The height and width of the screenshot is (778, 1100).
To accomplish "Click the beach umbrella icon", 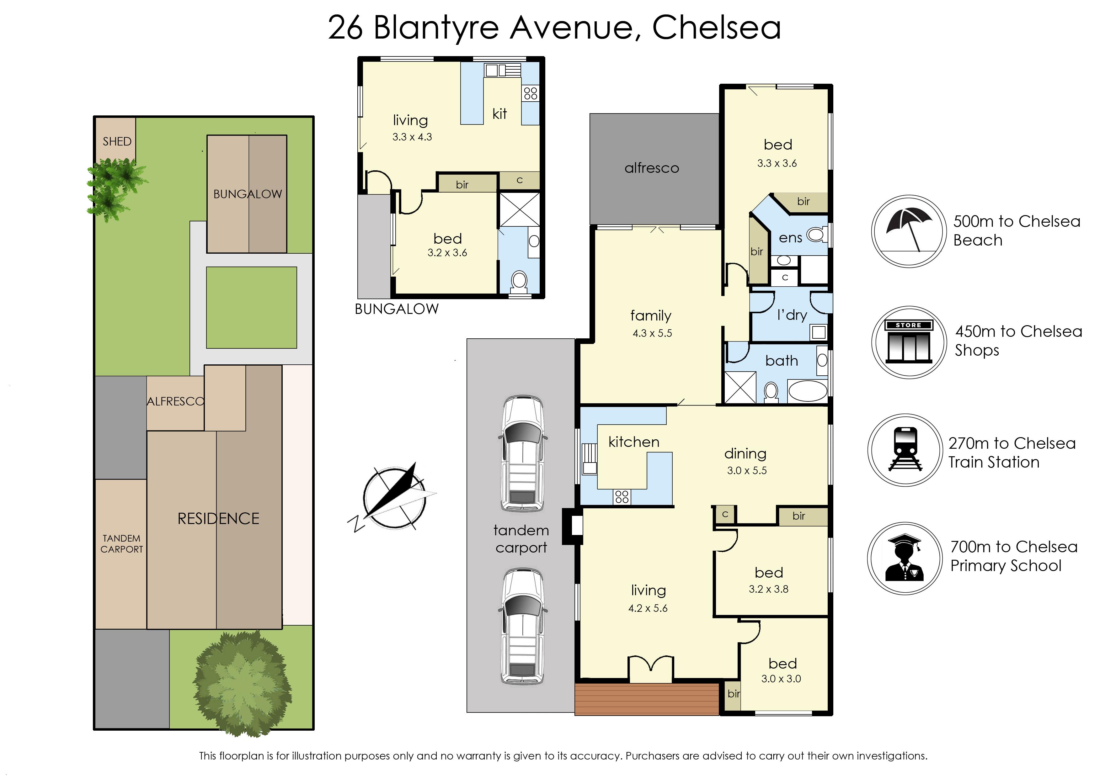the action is click(x=908, y=231).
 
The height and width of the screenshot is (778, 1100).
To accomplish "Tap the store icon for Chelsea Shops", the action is click(x=909, y=342).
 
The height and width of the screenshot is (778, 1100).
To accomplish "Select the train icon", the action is click(x=905, y=450).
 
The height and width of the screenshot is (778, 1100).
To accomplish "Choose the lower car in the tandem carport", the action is click(x=522, y=626).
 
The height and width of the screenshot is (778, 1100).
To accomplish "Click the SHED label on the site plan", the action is click(x=117, y=142).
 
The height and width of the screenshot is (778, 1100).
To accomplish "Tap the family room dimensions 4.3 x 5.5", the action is click(x=652, y=333).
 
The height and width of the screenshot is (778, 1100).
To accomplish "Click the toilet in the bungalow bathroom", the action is click(x=519, y=281).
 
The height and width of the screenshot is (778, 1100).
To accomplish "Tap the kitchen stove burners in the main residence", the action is click(x=622, y=497).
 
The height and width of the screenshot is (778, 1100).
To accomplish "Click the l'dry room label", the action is click(x=792, y=315).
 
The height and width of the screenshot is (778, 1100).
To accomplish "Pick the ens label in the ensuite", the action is click(x=790, y=238).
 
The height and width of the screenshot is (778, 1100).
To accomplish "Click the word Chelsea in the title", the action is click(x=717, y=28).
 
